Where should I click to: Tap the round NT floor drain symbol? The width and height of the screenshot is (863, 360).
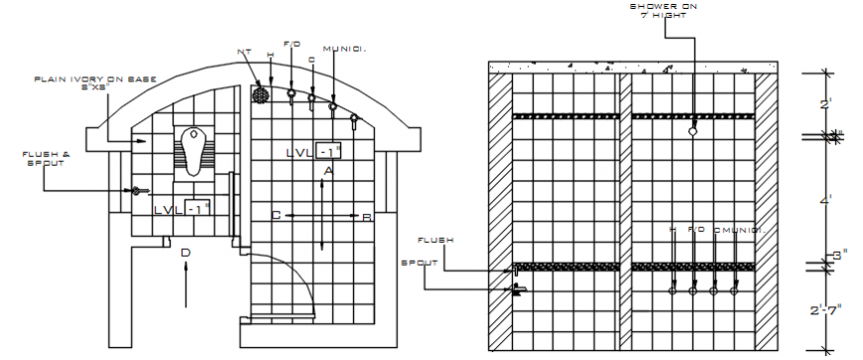(x=261, y=95)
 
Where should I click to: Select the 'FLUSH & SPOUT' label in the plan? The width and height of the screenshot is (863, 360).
(x=46, y=158)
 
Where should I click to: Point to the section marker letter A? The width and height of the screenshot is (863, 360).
(x=327, y=171)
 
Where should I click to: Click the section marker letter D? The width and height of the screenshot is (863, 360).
(x=185, y=253)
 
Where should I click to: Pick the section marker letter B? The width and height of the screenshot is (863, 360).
(x=365, y=216)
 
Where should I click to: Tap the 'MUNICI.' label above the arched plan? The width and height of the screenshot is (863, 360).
(x=343, y=48)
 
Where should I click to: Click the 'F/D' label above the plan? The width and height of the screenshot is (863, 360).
(x=292, y=44)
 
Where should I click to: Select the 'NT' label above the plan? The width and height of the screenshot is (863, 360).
(x=244, y=52)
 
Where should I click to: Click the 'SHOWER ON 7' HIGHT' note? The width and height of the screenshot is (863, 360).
(x=665, y=10)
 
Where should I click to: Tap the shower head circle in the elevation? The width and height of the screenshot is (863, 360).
(x=693, y=130)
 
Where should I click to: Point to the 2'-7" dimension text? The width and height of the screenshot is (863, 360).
(x=824, y=309)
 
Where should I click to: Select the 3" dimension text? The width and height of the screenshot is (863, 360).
(x=835, y=256)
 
